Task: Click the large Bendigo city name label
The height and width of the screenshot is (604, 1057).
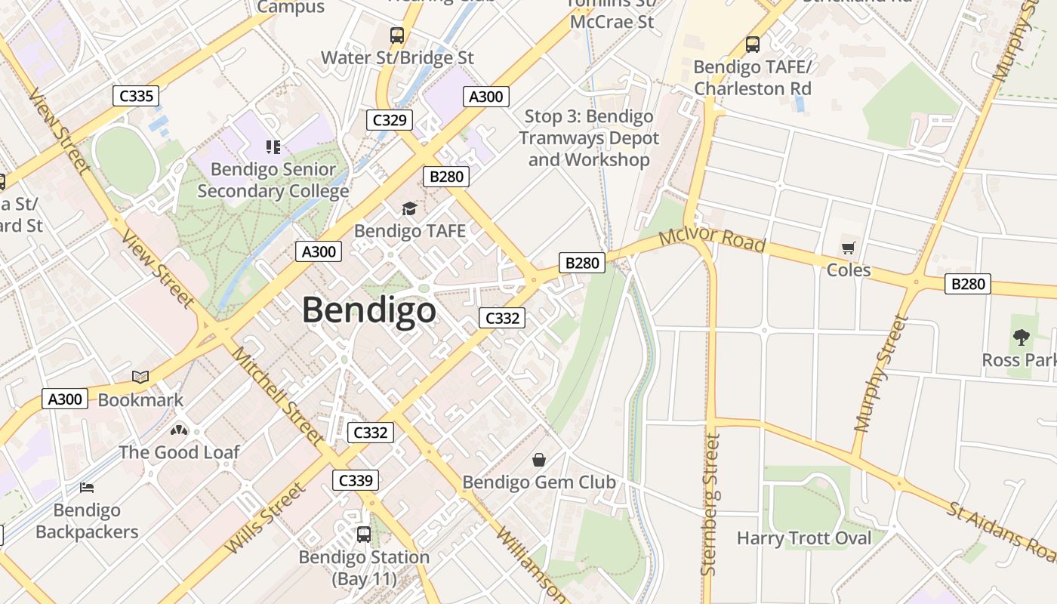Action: click(369, 310)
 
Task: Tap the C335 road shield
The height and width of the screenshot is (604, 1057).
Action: click(136, 96)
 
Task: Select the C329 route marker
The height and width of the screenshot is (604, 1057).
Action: click(390, 119)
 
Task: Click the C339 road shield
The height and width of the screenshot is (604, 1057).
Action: click(356, 480)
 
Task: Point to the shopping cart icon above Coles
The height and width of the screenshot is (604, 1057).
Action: click(849, 248)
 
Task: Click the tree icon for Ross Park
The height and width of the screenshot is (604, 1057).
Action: click(1022, 337)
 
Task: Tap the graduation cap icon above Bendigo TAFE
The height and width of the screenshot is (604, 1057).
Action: click(409, 208)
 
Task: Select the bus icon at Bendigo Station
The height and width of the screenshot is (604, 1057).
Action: click(364, 535)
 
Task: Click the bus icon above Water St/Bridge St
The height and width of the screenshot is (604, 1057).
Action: click(397, 35)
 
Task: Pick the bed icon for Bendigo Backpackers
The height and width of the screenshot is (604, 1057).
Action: click(87, 488)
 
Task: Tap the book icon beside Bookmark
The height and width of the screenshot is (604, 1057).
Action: click(140, 377)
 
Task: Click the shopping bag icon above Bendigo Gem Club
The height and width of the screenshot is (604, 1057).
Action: click(539, 459)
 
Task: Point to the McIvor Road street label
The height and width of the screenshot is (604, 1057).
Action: click(711, 241)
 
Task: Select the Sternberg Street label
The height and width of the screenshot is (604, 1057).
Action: click(710, 504)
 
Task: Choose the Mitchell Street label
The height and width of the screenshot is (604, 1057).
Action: click(277, 394)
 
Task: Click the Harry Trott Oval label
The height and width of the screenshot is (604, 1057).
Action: click(804, 538)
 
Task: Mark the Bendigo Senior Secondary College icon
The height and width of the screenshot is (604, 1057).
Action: click(273, 146)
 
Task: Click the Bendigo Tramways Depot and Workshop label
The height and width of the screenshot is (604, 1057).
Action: click(589, 138)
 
